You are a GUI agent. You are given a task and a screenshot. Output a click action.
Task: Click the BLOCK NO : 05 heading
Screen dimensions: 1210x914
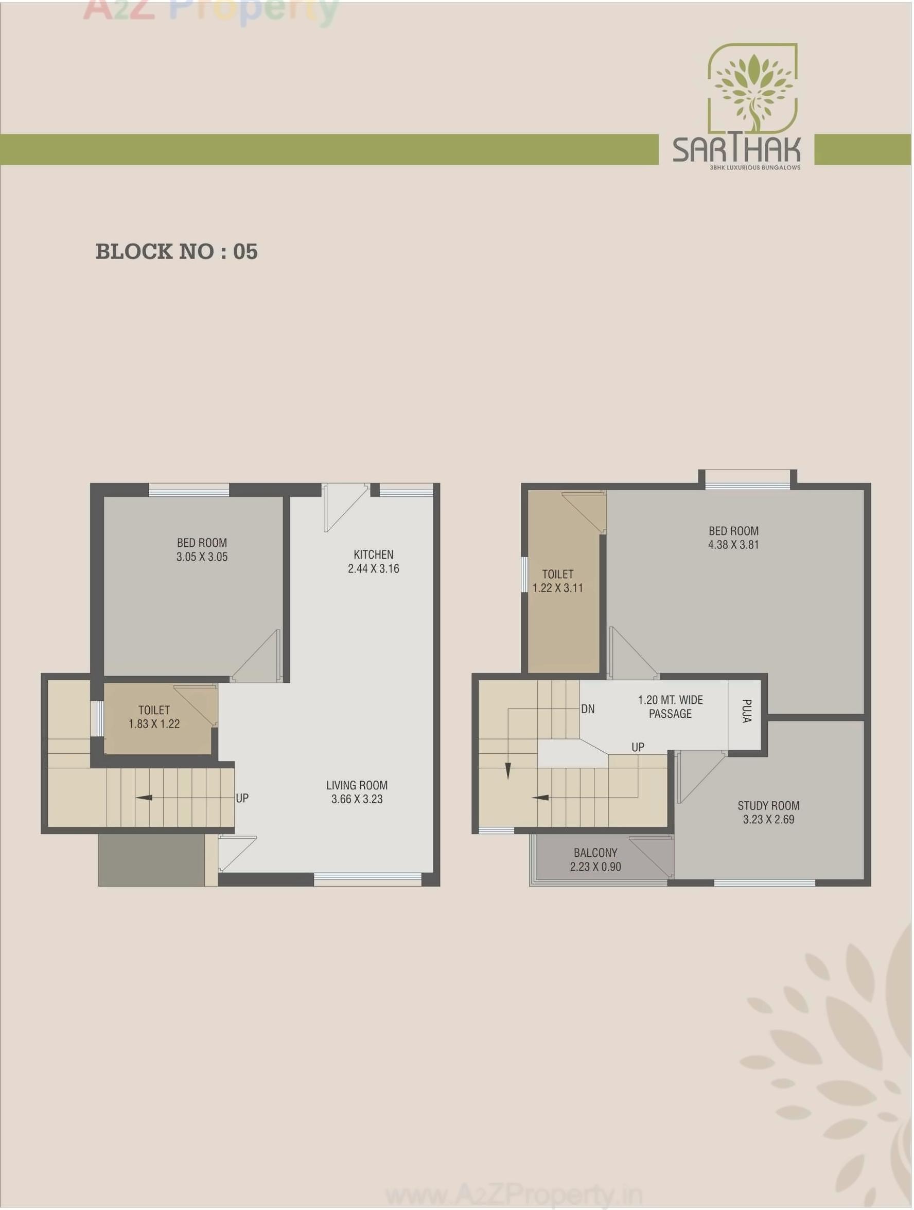click(176, 252)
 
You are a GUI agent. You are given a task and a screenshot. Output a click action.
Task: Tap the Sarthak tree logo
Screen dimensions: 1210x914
click(752, 90)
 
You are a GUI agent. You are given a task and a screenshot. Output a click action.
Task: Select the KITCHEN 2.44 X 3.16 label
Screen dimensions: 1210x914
click(373, 561)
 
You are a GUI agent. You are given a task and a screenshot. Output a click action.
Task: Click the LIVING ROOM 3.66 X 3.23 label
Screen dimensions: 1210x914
click(357, 792)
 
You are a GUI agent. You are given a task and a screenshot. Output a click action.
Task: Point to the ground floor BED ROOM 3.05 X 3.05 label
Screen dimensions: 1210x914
click(202, 550)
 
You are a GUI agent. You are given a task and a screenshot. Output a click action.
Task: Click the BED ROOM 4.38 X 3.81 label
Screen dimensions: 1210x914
click(733, 537)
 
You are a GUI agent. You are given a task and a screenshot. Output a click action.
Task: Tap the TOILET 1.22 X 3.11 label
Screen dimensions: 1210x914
click(557, 581)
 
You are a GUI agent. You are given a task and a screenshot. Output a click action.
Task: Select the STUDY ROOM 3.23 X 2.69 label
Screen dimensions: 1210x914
click(768, 813)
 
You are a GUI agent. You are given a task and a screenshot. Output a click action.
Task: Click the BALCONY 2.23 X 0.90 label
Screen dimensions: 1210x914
click(595, 859)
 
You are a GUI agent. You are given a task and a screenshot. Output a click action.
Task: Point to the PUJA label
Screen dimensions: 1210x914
click(746, 711)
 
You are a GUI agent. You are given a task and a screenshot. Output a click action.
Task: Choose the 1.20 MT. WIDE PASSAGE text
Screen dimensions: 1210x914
click(670, 707)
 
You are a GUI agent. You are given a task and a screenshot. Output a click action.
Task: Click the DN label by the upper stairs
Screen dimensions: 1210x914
click(588, 710)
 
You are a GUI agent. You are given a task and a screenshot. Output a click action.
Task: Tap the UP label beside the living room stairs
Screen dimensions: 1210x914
click(242, 798)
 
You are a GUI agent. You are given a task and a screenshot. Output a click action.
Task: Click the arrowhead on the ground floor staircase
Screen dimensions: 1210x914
click(144, 798)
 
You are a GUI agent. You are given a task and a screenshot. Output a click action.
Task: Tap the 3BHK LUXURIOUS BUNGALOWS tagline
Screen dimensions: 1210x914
click(754, 167)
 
